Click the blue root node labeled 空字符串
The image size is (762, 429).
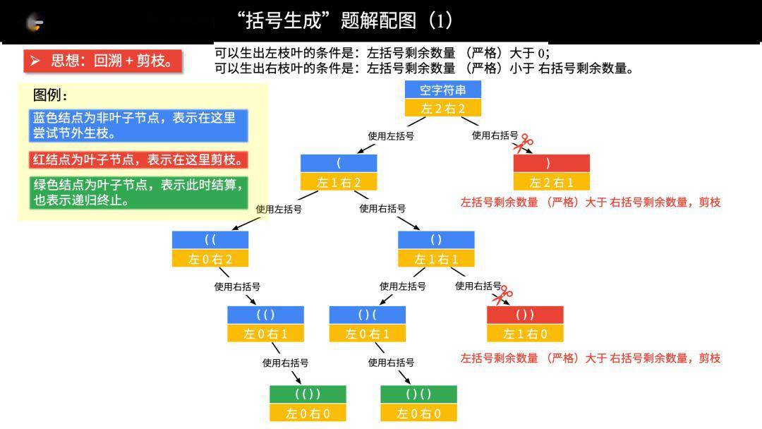point(442,90)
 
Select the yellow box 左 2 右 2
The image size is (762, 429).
point(442,108)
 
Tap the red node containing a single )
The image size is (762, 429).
point(552,163)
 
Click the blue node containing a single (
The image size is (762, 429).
point(339,163)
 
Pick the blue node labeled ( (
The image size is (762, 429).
point(210,240)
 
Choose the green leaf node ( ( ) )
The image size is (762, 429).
point(308,394)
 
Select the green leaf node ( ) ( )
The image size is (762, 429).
point(418,394)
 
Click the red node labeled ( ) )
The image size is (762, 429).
point(525,315)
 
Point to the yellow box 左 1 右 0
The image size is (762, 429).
point(525,333)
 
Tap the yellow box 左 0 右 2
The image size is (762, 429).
point(210,258)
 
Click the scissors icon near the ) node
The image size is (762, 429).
point(523,143)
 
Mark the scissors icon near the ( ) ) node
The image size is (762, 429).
point(502,294)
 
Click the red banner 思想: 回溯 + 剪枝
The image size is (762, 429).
point(102,61)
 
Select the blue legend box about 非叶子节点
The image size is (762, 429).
point(138,126)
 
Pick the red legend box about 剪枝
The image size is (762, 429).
point(138,159)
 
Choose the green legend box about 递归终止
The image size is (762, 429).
point(138,193)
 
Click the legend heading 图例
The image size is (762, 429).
point(50,95)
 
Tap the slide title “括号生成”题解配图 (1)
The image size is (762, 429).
point(344,21)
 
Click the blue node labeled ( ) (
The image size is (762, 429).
point(368,315)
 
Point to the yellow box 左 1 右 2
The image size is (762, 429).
point(339,182)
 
